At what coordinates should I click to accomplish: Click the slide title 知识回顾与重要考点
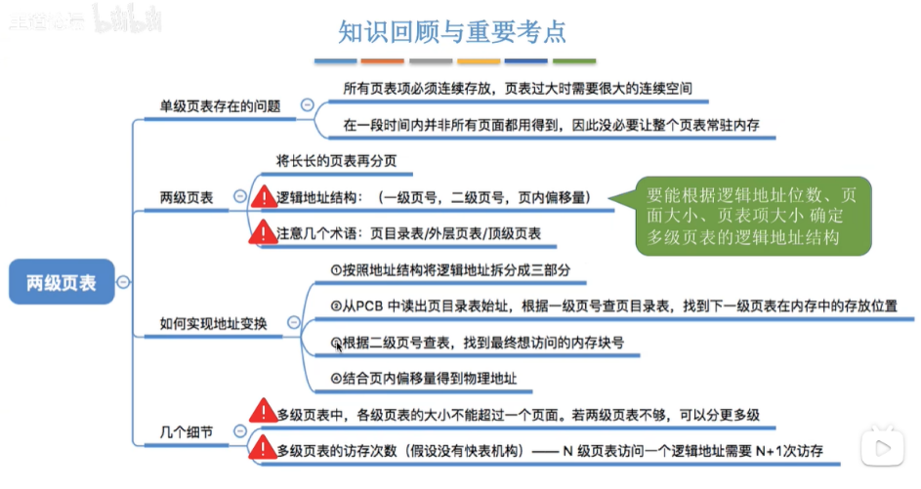click(x=451, y=32)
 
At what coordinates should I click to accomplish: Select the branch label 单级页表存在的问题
click(x=220, y=105)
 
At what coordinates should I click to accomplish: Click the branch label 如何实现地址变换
click(x=214, y=321)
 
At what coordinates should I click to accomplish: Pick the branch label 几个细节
click(x=186, y=431)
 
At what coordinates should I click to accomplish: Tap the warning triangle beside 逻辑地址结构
click(x=264, y=197)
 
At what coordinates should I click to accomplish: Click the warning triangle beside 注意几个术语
click(x=264, y=233)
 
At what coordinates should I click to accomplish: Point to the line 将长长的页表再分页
click(x=337, y=160)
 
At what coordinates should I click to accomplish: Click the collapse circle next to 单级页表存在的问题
click(x=307, y=104)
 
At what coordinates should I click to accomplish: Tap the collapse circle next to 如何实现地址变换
click(x=292, y=321)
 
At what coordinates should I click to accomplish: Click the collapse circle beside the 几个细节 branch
click(x=237, y=431)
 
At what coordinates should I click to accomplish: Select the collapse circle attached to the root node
click(x=123, y=282)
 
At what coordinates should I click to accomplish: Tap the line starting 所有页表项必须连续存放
click(x=518, y=88)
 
